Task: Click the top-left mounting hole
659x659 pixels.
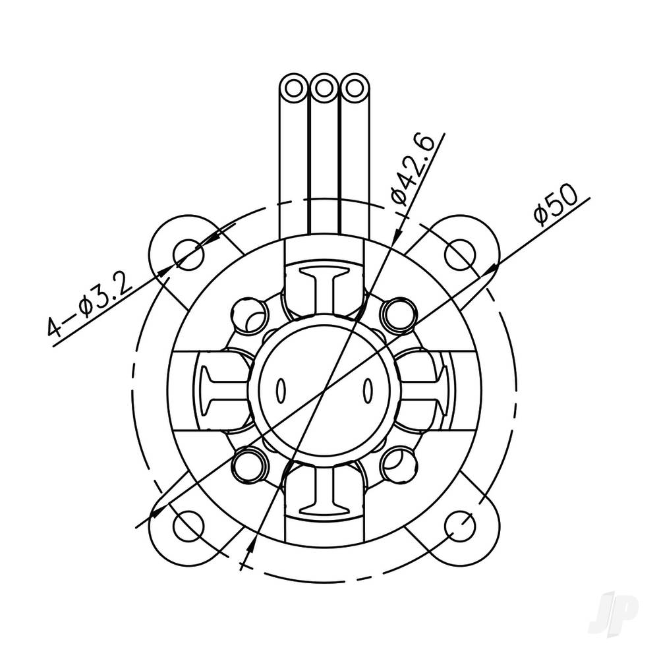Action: pos(189,254)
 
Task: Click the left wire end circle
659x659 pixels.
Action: pos(293,87)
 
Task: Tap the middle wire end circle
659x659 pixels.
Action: pos(324,87)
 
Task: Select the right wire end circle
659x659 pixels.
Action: pos(354,87)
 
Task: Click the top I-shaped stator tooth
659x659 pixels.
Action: pos(324,291)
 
